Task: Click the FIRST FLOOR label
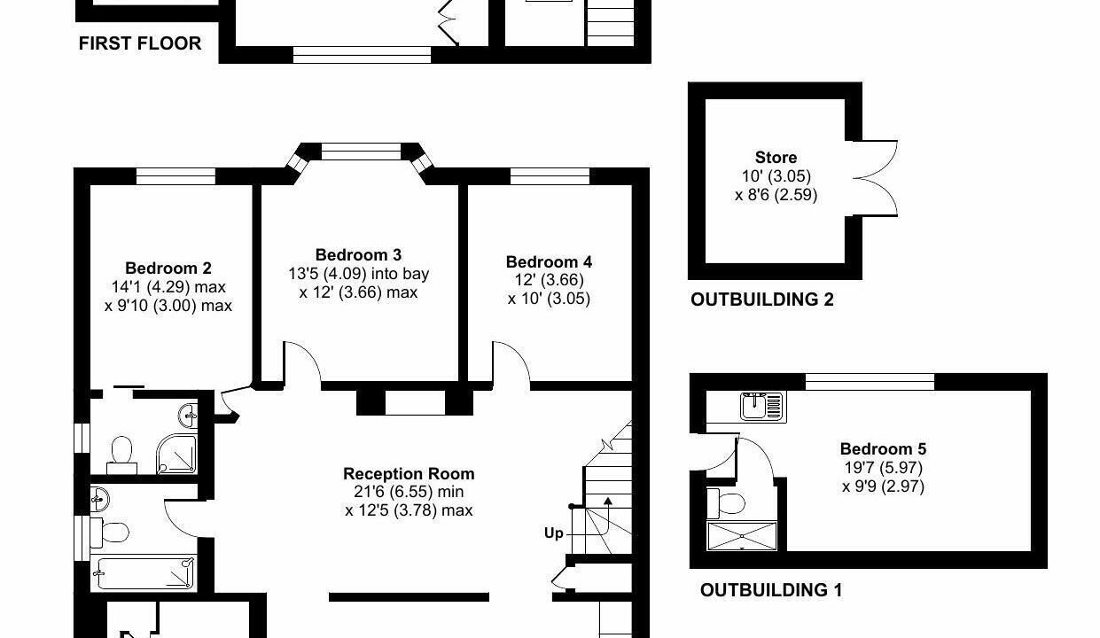[140, 43]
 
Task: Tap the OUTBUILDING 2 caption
[762, 300]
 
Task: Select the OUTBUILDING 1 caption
[771, 590]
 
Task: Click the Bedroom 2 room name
[168, 268]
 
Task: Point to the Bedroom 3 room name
[358, 254]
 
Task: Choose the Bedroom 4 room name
[549, 261]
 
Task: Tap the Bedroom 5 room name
[883, 448]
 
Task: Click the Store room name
[776, 158]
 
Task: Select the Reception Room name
[409, 473]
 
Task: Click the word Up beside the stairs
[553, 533]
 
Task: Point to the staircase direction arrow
[608, 516]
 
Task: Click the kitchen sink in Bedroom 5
[763, 407]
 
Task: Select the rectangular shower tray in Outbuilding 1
[742, 536]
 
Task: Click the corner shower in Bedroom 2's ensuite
[176, 454]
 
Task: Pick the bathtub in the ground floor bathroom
[144, 572]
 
